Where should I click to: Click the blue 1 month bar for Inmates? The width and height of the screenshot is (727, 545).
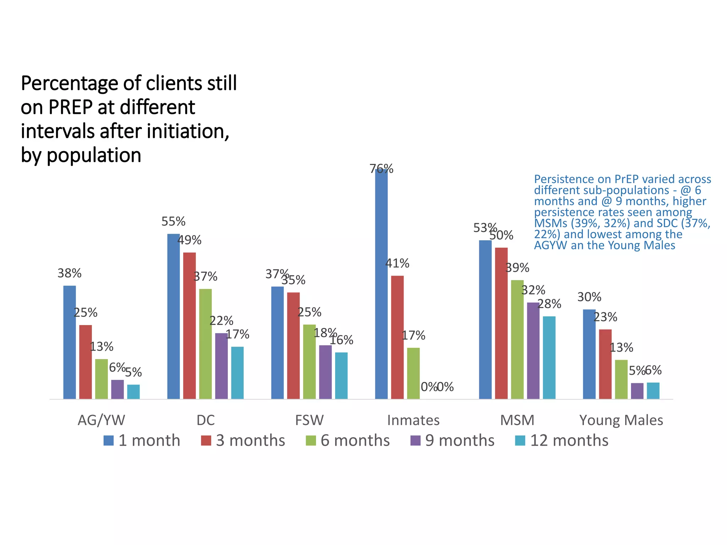pos(381,284)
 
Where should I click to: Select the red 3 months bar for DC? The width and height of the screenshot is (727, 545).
pos(189,325)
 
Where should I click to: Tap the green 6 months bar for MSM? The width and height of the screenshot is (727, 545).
pos(517,339)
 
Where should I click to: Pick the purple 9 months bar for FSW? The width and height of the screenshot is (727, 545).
pos(325,372)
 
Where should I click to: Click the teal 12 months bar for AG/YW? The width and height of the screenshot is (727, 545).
pos(133,391)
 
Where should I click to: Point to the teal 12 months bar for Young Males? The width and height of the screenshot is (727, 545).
pos(653,390)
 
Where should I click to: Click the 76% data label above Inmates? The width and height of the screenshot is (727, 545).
pos(381,169)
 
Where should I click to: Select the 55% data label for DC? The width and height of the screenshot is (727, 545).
pos(173,221)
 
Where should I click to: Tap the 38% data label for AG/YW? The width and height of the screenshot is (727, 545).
pos(70,273)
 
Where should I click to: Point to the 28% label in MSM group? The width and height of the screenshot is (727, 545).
pos(549,304)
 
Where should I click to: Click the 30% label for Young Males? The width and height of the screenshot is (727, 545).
pos(589,297)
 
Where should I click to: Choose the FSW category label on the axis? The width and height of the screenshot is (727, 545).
pos(309,420)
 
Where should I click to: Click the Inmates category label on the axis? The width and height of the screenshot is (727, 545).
pos(413,420)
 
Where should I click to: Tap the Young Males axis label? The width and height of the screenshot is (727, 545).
pos(621,420)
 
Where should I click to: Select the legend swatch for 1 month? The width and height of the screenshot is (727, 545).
pos(109,441)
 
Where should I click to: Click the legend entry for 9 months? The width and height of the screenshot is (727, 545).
pos(452,441)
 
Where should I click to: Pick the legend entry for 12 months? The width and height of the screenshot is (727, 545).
pos(562,441)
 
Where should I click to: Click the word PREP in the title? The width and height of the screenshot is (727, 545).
pos(71,107)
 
